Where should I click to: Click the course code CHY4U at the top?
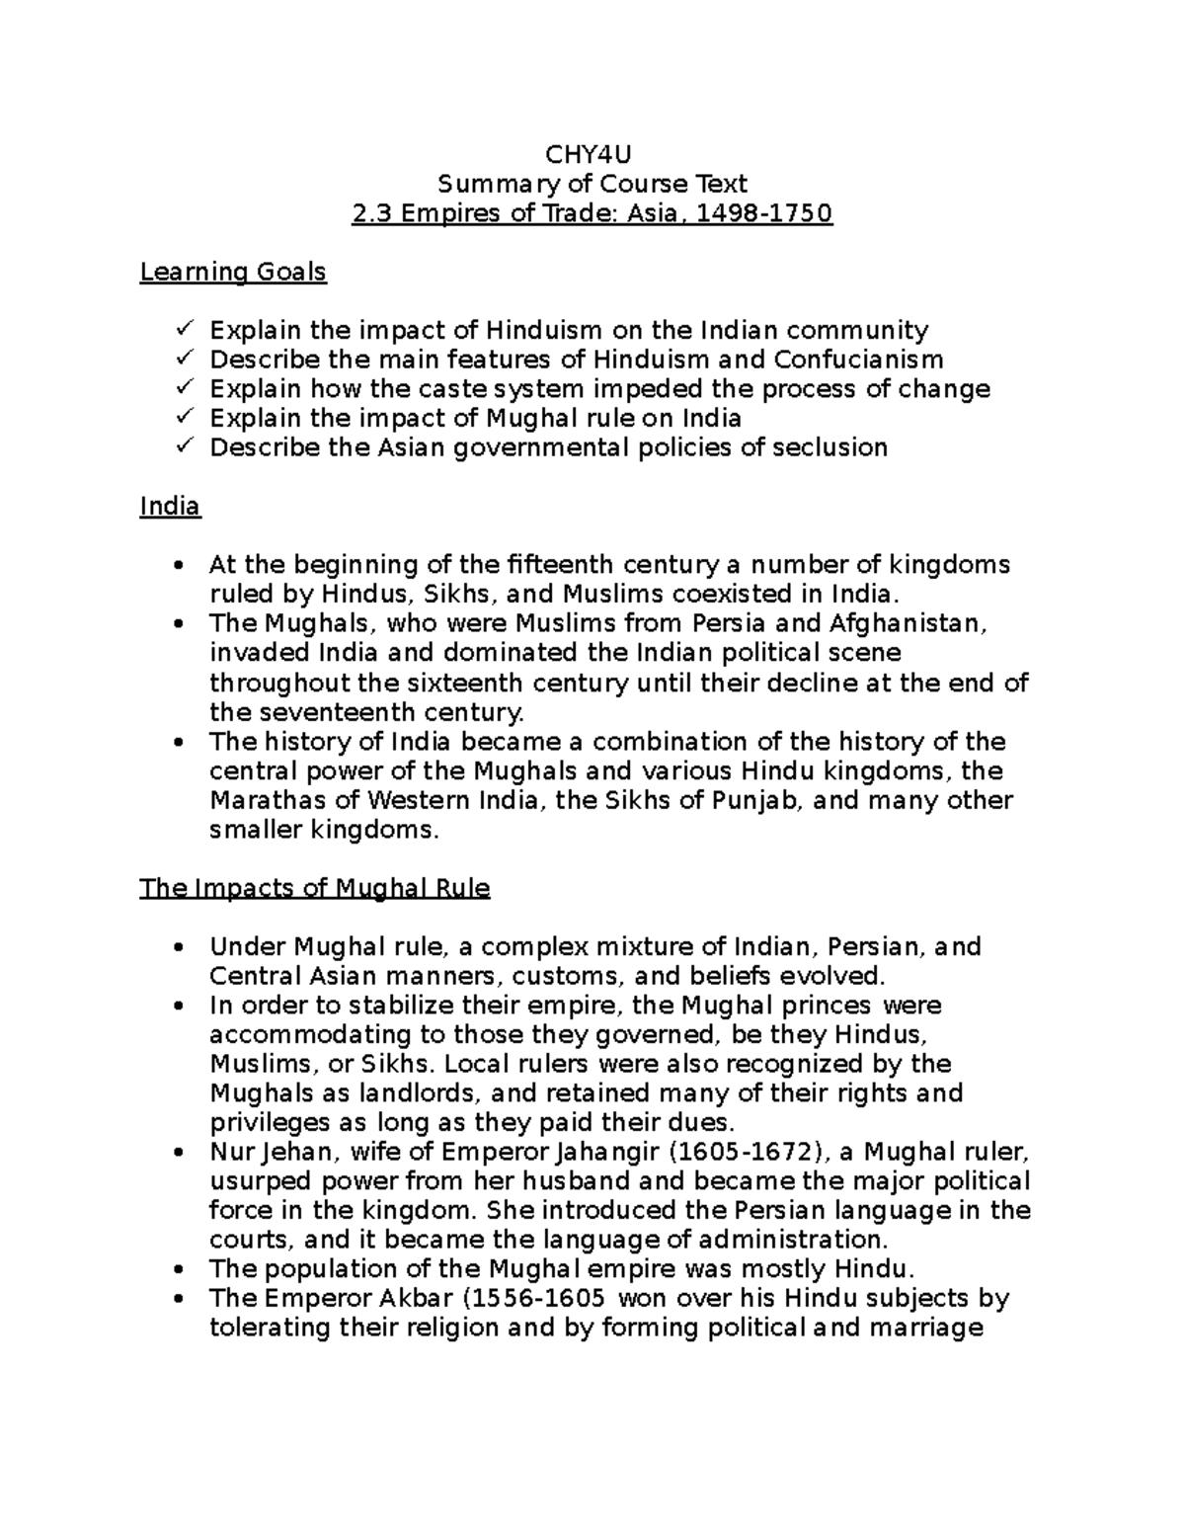coord(592,154)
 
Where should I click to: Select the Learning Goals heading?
coord(233,272)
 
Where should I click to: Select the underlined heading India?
coord(170,507)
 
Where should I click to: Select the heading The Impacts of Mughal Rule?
coord(315,888)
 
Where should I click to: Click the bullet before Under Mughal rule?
coord(178,948)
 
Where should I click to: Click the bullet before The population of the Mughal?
coord(178,1270)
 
